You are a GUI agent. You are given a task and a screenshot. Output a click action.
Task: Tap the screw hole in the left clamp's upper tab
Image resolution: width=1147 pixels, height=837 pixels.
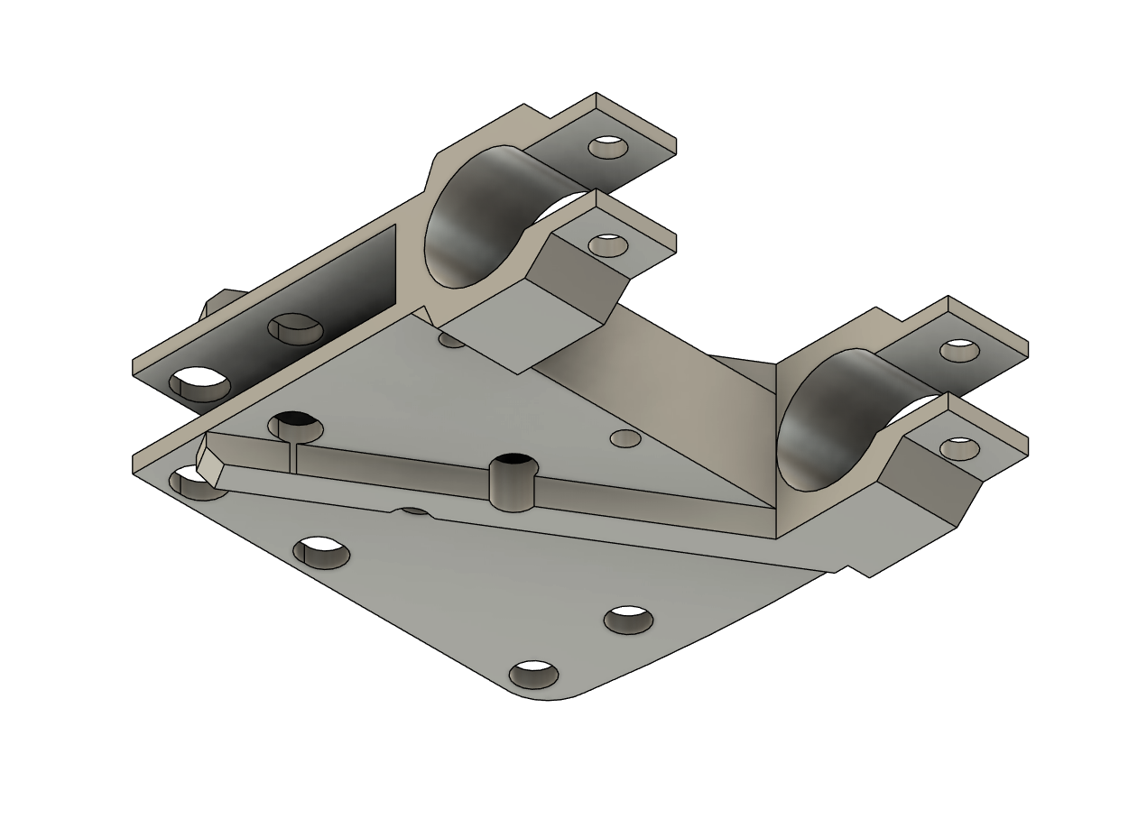click(x=608, y=147)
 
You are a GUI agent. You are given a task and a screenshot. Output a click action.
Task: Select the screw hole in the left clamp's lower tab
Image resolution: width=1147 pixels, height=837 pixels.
click(x=608, y=244)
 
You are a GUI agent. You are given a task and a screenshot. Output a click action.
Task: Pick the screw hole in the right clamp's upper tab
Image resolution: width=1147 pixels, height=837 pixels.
click(x=959, y=350)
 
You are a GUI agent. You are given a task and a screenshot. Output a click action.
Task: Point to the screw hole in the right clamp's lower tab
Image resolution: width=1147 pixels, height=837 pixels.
click(x=959, y=447)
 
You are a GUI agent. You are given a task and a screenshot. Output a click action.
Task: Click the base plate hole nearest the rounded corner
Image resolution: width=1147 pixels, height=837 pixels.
click(x=534, y=674)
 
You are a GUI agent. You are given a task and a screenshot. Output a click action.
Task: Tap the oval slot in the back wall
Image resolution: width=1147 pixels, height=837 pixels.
click(x=296, y=329)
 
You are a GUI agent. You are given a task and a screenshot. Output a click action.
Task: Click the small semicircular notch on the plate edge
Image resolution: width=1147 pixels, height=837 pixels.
click(x=414, y=511)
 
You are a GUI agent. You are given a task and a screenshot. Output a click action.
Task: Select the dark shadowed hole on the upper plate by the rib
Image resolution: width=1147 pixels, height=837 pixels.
click(x=294, y=422)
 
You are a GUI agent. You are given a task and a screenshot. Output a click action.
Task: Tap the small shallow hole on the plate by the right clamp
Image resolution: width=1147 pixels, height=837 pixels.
click(x=625, y=439)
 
